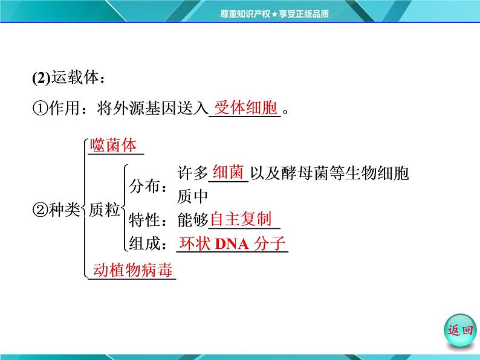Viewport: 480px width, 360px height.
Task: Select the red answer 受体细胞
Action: pos(246,108)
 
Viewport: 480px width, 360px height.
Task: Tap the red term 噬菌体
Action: pos(113,145)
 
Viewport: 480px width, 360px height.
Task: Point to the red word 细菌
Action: pos(228,172)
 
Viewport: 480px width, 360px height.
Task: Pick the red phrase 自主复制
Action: pos(241,219)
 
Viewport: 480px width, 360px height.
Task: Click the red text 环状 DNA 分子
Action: pos(232,243)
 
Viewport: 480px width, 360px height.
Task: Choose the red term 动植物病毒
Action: pos(133,270)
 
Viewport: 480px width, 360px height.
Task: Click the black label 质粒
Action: pos(104,210)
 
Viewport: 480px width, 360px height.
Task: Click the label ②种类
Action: pos(56,210)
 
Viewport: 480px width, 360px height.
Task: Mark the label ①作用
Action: pos(56,108)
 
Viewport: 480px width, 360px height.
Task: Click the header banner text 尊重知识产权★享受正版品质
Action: pos(274,14)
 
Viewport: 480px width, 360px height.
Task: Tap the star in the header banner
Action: pos(274,14)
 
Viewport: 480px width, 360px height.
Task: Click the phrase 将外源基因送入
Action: pos(152,108)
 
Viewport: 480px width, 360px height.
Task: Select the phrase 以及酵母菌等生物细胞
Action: pos(329,173)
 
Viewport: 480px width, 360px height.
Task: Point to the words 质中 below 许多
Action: pos(193,196)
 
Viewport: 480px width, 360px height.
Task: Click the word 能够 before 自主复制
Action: pos(193,220)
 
